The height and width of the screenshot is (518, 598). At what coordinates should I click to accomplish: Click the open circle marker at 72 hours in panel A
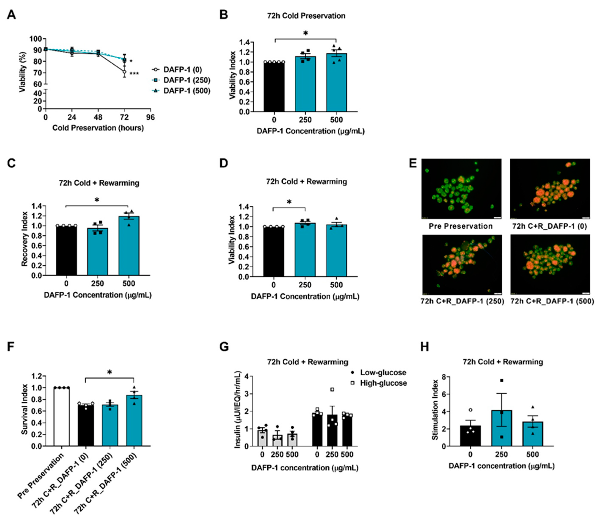click(x=124, y=72)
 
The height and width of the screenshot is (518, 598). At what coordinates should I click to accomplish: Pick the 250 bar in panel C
click(x=98, y=251)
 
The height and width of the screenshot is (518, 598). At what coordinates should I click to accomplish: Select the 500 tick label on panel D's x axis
click(x=336, y=285)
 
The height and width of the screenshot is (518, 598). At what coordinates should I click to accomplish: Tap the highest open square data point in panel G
click(x=333, y=389)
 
